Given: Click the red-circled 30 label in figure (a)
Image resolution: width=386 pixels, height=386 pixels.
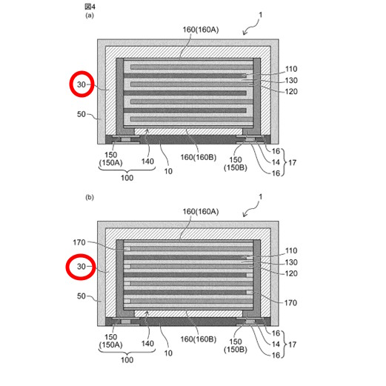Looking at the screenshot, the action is pos(81,84).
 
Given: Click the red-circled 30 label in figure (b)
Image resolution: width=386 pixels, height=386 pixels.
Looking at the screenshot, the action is pos(81,267).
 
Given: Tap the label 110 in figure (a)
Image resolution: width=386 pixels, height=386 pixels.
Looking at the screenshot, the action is pos(291,69).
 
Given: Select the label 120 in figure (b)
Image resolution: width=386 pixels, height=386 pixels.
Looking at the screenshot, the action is pos(291,273).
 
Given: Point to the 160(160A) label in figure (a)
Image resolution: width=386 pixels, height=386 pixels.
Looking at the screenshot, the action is pos(201,30).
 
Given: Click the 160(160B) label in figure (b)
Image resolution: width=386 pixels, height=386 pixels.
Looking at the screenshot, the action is pos(199,339).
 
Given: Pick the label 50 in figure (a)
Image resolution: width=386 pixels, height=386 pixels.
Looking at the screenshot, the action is pos(81,114).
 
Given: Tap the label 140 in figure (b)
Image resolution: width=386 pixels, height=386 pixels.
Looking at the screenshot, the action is pos(147,343).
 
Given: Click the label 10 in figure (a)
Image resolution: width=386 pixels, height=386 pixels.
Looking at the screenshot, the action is pos(168,171).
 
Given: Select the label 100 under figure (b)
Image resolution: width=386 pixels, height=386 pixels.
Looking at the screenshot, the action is pos(127,360).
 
